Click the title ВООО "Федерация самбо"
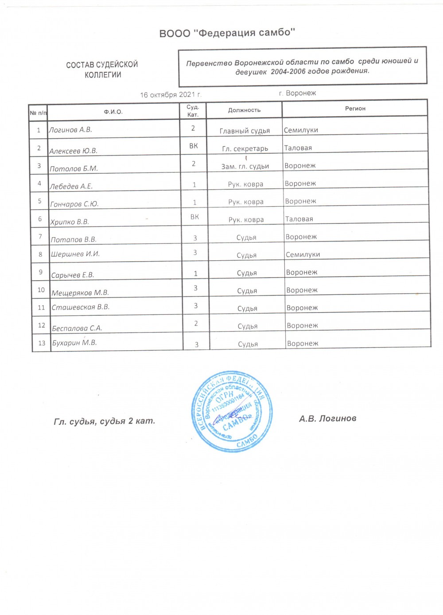[227, 33]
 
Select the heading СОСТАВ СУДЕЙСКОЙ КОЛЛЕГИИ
[102, 70]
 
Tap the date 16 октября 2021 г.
[171, 95]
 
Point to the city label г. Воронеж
[297, 93]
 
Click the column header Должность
[244, 110]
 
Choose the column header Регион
[355, 108]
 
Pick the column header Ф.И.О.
[113, 112]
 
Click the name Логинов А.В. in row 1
[70, 130]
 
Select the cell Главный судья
[245, 131]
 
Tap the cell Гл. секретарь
[245, 149]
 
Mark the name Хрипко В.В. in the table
[70, 222]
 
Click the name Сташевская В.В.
[81, 307]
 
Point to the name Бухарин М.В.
[74, 343]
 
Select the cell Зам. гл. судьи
[245, 166]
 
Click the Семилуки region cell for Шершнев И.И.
[303, 255]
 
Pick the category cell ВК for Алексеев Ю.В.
[194, 146]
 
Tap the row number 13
[42, 343]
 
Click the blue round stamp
[232, 411]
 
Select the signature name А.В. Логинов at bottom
[327, 418]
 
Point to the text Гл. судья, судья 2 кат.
[105, 421]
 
